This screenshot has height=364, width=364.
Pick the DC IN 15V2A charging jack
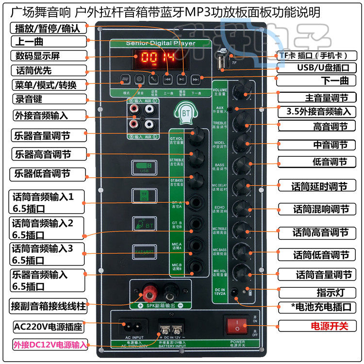(235, 292)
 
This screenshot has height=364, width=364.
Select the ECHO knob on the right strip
(241, 208)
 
